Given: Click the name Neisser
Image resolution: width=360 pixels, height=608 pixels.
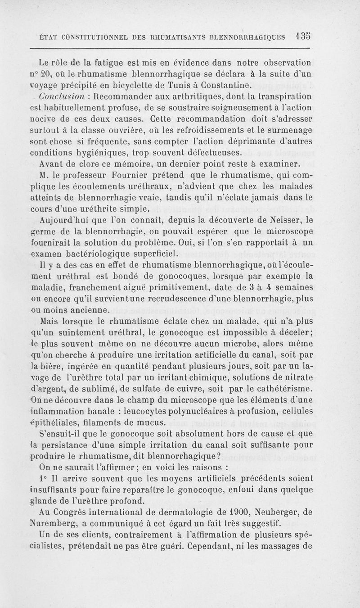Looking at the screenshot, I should [280, 220].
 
